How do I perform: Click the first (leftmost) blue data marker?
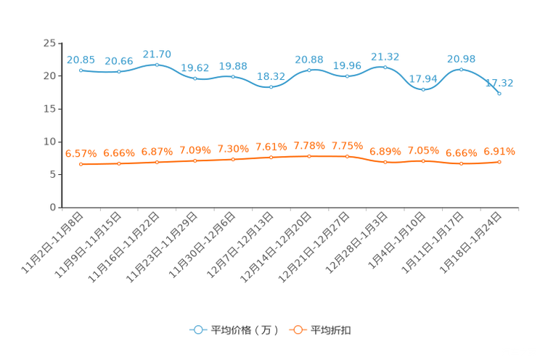pyautogui.click(x=81, y=70)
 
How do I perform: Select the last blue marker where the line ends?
pyautogui.click(x=499, y=94)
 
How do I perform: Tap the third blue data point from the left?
pyautogui.click(x=157, y=65)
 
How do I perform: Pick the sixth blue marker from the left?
pyautogui.click(x=271, y=86)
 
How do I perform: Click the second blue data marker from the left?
pyautogui.click(x=119, y=71)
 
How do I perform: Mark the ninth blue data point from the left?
pyautogui.click(x=385, y=67)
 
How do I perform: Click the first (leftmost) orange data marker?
pyautogui.click(x=81, y=164)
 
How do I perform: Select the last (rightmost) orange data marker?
pyautogui.click(x=499, y=162)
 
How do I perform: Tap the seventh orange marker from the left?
pyautogui.click(x=309, y=156)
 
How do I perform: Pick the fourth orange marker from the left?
pyautogui.click(x=195, y=160)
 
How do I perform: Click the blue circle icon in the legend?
pyautogui.click(x=197, y=330)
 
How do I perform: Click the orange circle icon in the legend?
pyautogui.click(x=297, y=330)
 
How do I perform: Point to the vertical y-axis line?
pyautogui.click(x=61, y=123)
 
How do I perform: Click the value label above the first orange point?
pyautogui.click(x=81, y=153)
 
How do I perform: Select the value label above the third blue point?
pyautogui.click(x=157, y=54)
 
